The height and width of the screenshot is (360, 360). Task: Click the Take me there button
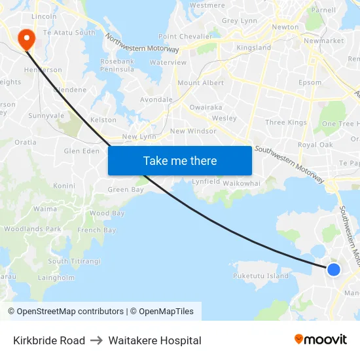pyautogui.click(x=180, y=161)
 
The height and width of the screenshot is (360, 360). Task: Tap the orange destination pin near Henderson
pyautogui.click(x=27, y=39)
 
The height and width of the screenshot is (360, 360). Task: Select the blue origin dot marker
pyautogui.click(x=333, y=269)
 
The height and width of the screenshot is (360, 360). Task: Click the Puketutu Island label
pyautogui.click(x=261, y=276)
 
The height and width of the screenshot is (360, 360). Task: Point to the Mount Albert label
pyautogui.click(x=200, y=83)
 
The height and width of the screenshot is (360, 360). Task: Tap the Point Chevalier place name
pyautogui.click(x=185, y=37)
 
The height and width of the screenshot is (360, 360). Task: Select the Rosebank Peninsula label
pyautogui.click(x=117, y=65)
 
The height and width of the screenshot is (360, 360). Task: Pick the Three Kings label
pyautogui.click(x=286, y=122)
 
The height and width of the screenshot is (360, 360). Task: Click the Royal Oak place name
pyautogui.click(x=315, y=145)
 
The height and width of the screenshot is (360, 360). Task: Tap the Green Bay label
pyautogui.click(x=125, y=190)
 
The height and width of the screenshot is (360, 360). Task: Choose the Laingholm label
pyautogui.click(x=56, y=277)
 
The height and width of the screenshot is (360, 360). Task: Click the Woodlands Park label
pyautogui.click(x=31, y=229)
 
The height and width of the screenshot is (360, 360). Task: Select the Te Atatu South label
pyautogui.click(x=69, y=33)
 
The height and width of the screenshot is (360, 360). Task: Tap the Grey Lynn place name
pyautogui.click(x=240, y=21)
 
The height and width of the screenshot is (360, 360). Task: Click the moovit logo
pyautogui.click(x=320, y=339)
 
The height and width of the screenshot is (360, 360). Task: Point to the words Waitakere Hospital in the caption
pyautogui.click(x=154, y=340)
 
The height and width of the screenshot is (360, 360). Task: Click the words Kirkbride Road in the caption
pyautogui.click(x=49, y=340)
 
